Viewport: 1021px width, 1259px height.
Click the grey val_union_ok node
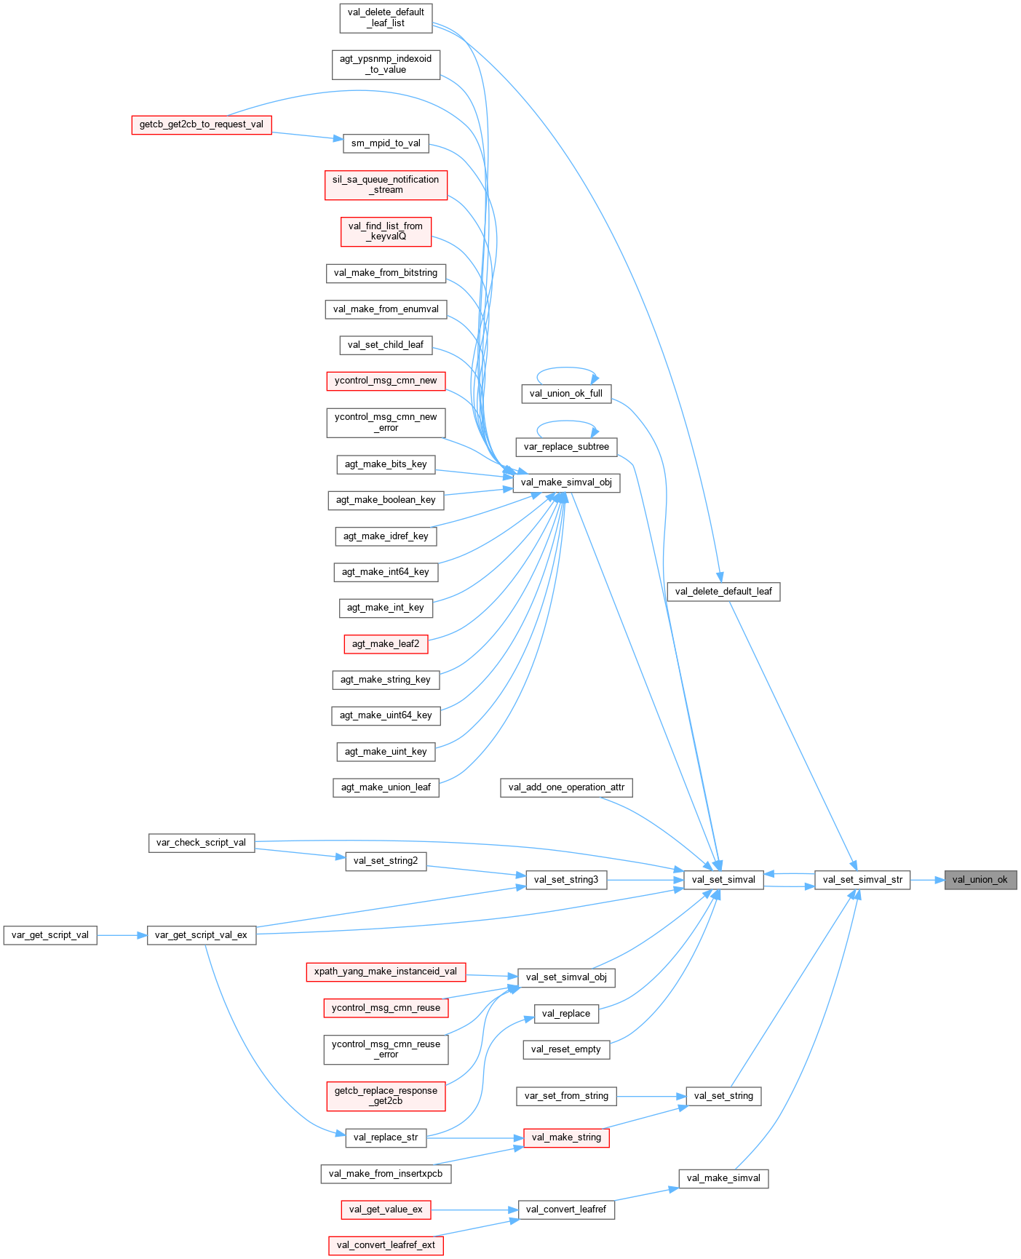pos(980,880)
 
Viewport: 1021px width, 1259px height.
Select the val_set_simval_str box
pos(862,880)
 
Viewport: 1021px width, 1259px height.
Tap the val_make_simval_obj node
pos(566,482)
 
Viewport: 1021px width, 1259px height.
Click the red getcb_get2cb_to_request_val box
pos(201,124)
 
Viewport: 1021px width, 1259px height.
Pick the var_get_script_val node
pos(50,935)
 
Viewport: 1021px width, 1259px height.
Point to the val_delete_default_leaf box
pos(723,592)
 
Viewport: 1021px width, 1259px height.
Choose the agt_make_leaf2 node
pos(385,644)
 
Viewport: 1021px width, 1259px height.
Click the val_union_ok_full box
pos(565,394)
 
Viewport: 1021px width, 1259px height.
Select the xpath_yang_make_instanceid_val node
pos(385,972)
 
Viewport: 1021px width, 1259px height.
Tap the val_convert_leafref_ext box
pos(386,1245)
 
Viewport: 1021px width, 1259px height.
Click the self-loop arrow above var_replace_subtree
pos(567,421)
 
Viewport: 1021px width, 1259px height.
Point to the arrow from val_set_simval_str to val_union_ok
pos(927,880)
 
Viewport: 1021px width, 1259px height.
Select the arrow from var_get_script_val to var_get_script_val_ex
pos(122,935)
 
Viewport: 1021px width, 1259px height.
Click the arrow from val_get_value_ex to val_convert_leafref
pos(474,1210)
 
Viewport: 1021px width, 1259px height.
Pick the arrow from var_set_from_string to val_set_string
pos(651,1096)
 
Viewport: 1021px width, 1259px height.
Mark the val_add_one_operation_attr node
pos(566,787)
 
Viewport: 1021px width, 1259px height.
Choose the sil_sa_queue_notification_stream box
pos(385,185)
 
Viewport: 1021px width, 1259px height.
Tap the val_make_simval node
pos(723,1178)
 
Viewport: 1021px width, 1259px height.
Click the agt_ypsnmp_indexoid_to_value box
pos(386,64)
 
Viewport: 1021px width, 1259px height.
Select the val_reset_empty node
pos(565,1049)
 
